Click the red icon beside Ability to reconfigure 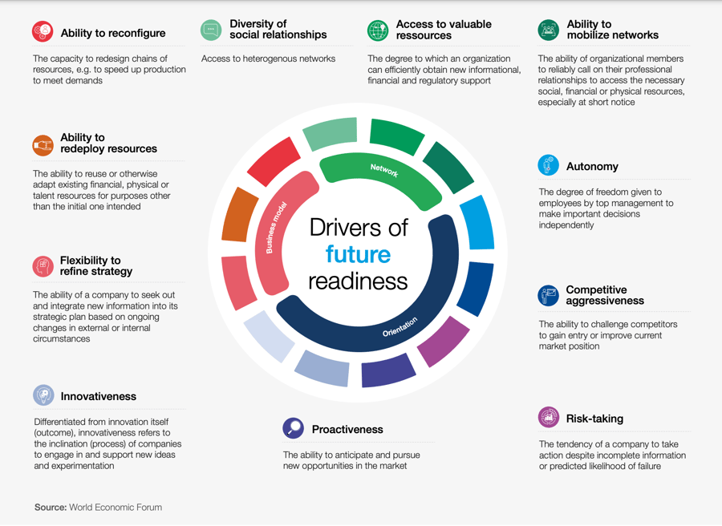[x=43, y=32]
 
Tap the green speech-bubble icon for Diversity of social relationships [x=211, y=30]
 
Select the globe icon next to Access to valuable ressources [x=378, y=30]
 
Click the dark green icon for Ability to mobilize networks [x=549, y=30]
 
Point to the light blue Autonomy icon [x=549, y=166]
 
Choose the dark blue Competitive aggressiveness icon [x=549, y=295]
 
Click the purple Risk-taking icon [x=549, y=418]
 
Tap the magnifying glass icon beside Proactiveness [x=294, y=428]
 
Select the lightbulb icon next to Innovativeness [x=43, y=395]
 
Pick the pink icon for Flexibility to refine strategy [x=43, y=266]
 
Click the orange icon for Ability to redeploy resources [x=43, y=144]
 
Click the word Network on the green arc [x=384, y=170]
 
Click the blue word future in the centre [x=358, y=255]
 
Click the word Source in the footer [x=50, y=508]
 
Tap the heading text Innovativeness [x=98, y=397]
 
